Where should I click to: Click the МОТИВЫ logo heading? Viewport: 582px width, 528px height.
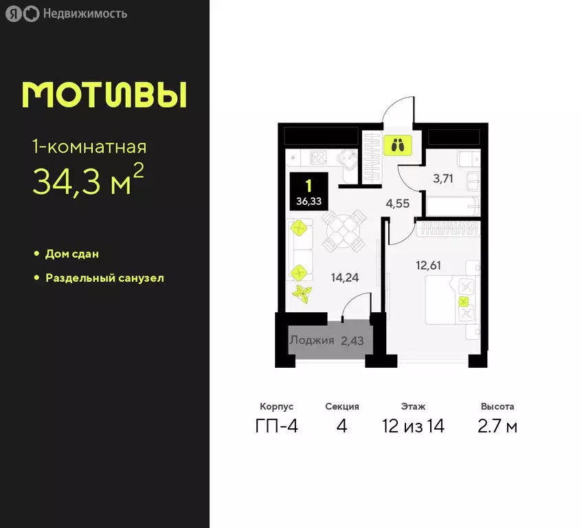tap(104, 96)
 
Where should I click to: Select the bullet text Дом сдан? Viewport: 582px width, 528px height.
tap(72, 254)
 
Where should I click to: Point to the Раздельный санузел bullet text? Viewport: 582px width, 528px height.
tap(104, 278)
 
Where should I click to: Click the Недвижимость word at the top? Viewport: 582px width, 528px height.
tap(85, 13)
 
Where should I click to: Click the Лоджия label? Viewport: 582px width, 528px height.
tap(311, 340)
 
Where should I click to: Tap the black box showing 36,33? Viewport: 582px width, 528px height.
tap(309, 190)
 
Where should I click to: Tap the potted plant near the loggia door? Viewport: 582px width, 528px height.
tap(302, 294)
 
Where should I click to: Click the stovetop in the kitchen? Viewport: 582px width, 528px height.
tap(318, 157)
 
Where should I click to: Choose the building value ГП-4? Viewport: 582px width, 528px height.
tap(276, 426)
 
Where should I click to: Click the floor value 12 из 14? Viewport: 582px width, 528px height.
tap(414, 426)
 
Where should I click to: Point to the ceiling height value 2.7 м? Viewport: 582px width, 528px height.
tap(497, 426)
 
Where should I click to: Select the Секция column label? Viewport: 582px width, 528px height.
tap(342, 406)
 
